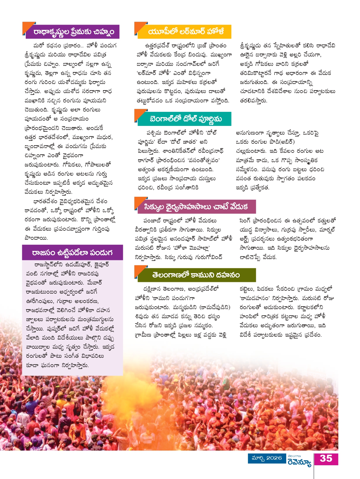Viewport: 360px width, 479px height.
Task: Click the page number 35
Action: click(x=326, y=459)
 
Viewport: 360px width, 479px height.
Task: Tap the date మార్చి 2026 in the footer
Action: click(x=266, y=458)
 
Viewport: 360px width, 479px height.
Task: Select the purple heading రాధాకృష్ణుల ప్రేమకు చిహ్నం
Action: click(x=73, y=32)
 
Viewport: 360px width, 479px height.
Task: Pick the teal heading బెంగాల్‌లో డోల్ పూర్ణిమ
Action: click(x=186, y=119)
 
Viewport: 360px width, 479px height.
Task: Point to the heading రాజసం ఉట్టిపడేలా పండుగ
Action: click(x=72, y=252)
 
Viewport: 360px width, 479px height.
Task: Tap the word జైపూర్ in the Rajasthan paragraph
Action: click(x=101, y=265)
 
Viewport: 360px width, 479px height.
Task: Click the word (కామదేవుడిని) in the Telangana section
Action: click(x=215, y=307)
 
